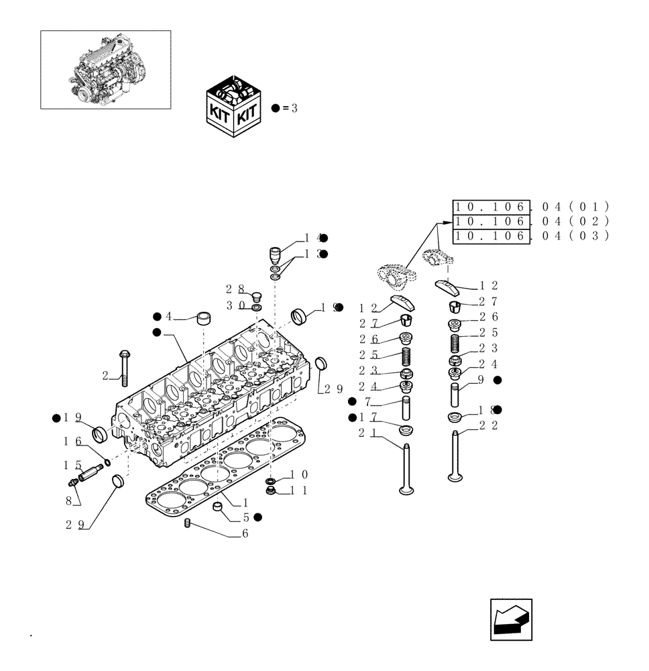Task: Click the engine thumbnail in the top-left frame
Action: [x=105, y=69]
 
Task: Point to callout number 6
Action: [x=245, y=533]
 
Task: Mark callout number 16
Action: [x=72, y=442]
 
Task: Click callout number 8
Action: [x=68, y=499]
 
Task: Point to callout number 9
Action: [x=481, y=380]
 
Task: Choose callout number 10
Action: [x=298, y=474]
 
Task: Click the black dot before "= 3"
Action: [x=276, y=108]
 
